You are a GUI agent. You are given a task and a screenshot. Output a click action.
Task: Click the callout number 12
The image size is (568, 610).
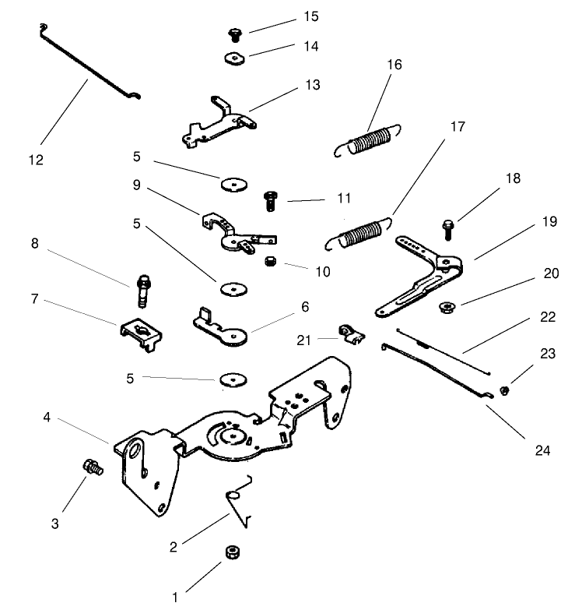36,160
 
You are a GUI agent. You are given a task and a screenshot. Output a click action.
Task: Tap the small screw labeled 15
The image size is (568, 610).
233,33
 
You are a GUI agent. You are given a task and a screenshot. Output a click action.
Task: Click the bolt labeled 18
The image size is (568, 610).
449,229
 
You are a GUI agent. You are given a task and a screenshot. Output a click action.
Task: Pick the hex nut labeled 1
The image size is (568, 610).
231,552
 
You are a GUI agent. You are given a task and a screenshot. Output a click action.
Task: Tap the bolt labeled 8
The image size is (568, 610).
145,289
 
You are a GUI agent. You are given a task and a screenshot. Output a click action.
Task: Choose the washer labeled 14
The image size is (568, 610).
233,58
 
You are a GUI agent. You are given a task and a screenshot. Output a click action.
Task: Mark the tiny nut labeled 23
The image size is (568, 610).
503,390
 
